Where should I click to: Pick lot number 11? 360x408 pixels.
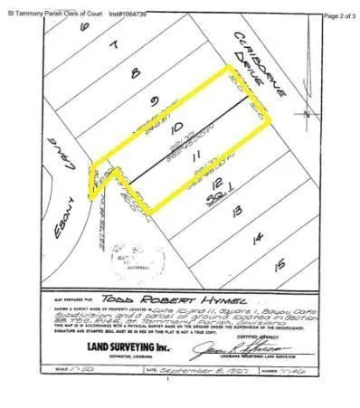(198, 155)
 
